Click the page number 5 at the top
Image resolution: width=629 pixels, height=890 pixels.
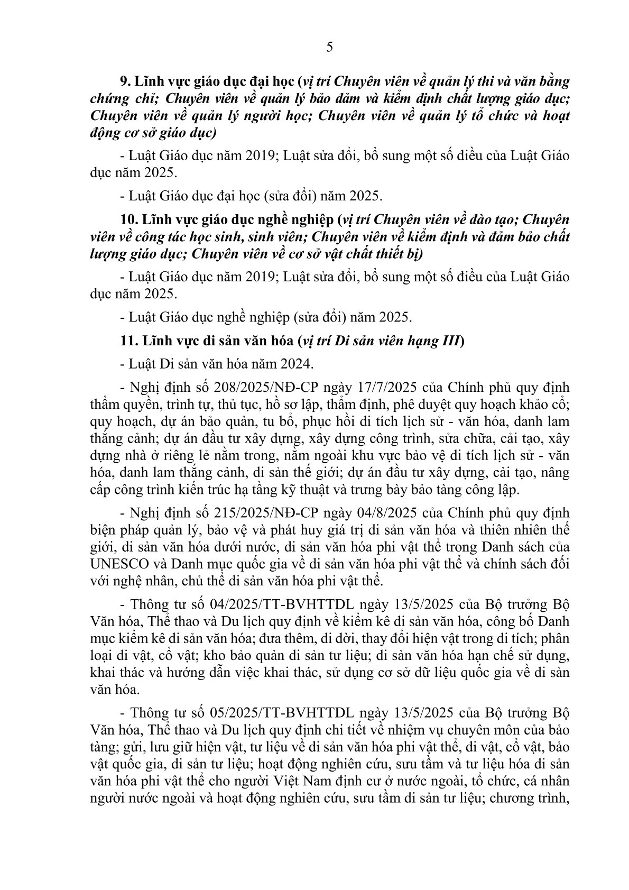click(330, 48)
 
